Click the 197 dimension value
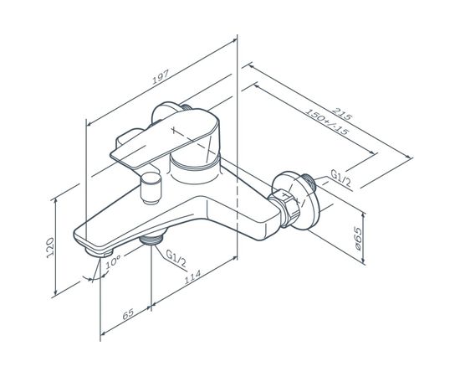click(x=161, y=77)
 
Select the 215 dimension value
click(x=341, y=114)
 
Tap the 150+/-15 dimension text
click(x=327, y=121)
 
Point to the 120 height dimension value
click(x=50, y=247)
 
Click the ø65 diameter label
click(x=357, y=238)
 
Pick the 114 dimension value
click(x=192, y=276)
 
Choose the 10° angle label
click(x=113, y=261)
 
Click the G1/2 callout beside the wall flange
click(x=340, y=178)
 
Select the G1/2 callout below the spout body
click(x=176, y=258)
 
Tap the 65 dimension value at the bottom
click(x=128, y=314)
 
